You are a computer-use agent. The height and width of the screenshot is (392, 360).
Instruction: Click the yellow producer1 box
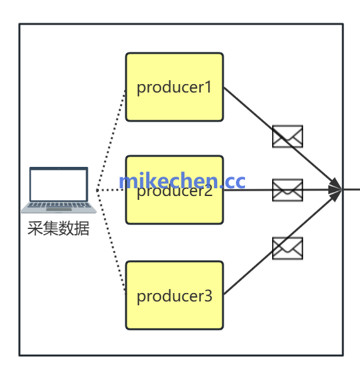pyautogui.click(x=174, y=103)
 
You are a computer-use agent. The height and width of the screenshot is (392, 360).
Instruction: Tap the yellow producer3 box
pyautogui.click(x=174, y=314)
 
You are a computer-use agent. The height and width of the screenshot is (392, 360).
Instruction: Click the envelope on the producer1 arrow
pyautogui.click(x=287, y=136)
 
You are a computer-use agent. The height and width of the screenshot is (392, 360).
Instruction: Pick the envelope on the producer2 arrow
pyautogui.click(x=287, y=190)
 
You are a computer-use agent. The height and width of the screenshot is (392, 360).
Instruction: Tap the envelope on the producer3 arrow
pyautogui.click(x=287, y=248)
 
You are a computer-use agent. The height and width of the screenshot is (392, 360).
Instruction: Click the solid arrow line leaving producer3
pyautogui.click(x=249, y=272)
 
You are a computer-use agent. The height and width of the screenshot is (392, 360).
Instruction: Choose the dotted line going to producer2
pyautogui.click(x=111, y=190)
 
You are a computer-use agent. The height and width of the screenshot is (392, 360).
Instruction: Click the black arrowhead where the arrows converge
pyautogui.click(x=335, y=190)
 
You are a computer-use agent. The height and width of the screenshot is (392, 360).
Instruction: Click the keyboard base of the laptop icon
pyautogui.click(x=59, y=208)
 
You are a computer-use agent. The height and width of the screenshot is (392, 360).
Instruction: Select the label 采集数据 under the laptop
pyautogui.click(x=58, y=228)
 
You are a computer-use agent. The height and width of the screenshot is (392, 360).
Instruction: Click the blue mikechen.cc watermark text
pyautogui.click(x=182, y=180)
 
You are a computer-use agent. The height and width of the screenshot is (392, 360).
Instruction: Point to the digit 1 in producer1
pyautogui.click(x=208, y=87)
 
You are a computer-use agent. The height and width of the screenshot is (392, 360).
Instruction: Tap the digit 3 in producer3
pyautogui.click(x=207, y=296)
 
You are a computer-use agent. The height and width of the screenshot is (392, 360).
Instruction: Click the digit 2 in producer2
pyautogui.click(x=207, y=192)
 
